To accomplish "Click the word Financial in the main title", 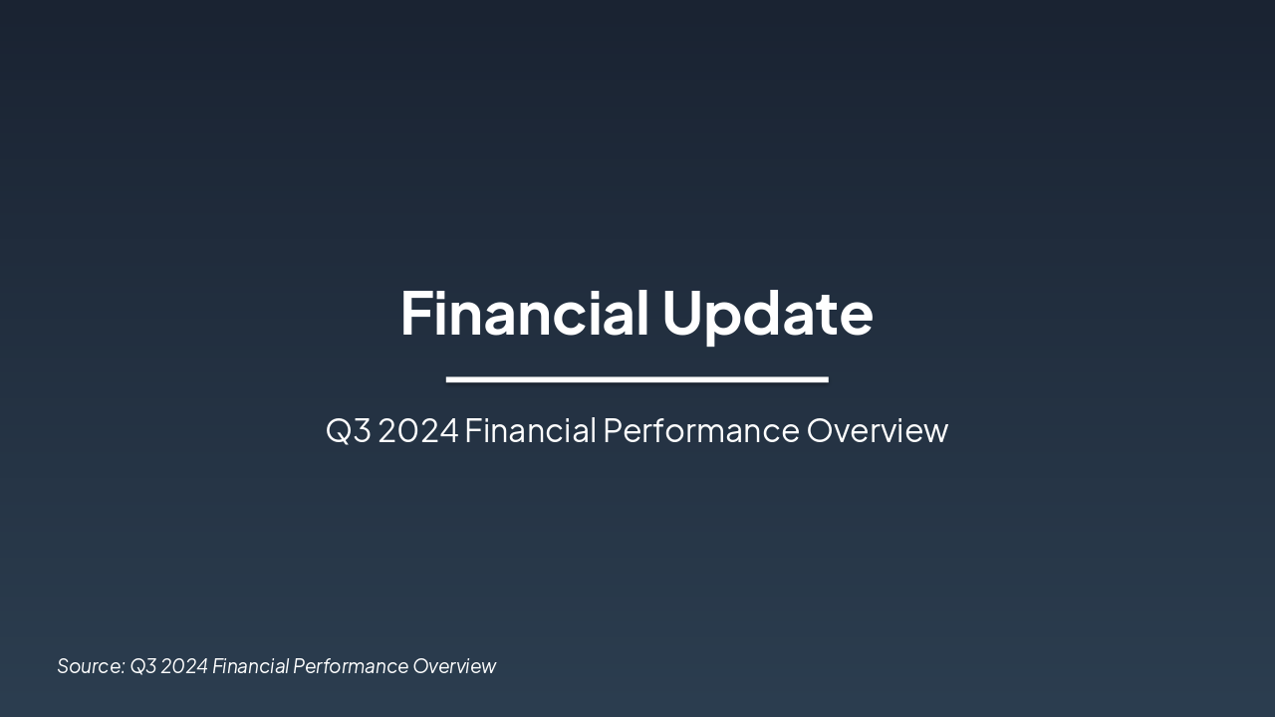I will (x=524, y=313).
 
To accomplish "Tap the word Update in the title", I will (x=767, y=313).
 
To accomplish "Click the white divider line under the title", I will (x=637, y=379).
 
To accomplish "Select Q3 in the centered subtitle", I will (x=348, y=431).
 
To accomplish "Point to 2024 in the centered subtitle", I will (x=418, y=431).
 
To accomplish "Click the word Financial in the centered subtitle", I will (x=530, y=431).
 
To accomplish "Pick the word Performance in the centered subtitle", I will (x=701, y=431).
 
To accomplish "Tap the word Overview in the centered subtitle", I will (x=877, y=431).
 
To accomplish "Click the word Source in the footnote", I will (x=90, y=666).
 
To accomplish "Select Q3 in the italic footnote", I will (x=143, y=666).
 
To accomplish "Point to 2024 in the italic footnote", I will (x=184, y=666).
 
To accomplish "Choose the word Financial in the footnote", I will (x=249, y=666).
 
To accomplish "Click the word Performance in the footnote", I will (x=349, y=666).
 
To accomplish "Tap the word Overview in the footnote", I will (x=454, y=666).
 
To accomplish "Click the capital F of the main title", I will (x=414, y=313).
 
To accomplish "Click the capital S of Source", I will (x=63, y=666).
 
